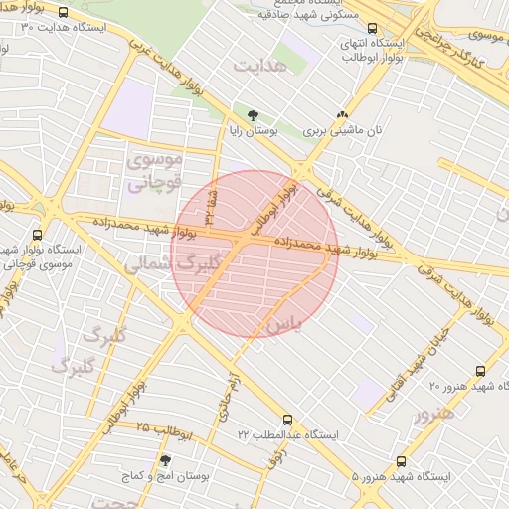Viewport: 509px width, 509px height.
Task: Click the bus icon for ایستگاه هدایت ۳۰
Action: tap(65, 13)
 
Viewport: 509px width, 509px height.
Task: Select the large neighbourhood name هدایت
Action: tap(260, 65)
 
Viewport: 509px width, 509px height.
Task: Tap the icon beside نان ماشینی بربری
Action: tap(343, 115)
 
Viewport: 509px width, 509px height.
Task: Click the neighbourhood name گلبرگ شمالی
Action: tap(164, 262)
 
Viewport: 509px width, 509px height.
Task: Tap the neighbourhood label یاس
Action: tap(281, 325)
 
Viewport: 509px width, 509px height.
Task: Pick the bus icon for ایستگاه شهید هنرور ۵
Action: tap(402, 462)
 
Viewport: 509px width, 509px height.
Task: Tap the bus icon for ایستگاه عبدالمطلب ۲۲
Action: tap(287, 421)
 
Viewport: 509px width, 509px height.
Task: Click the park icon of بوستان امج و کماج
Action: tap(165, 461)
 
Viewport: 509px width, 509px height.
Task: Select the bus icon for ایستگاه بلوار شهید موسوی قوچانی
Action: tap(37, 235)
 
